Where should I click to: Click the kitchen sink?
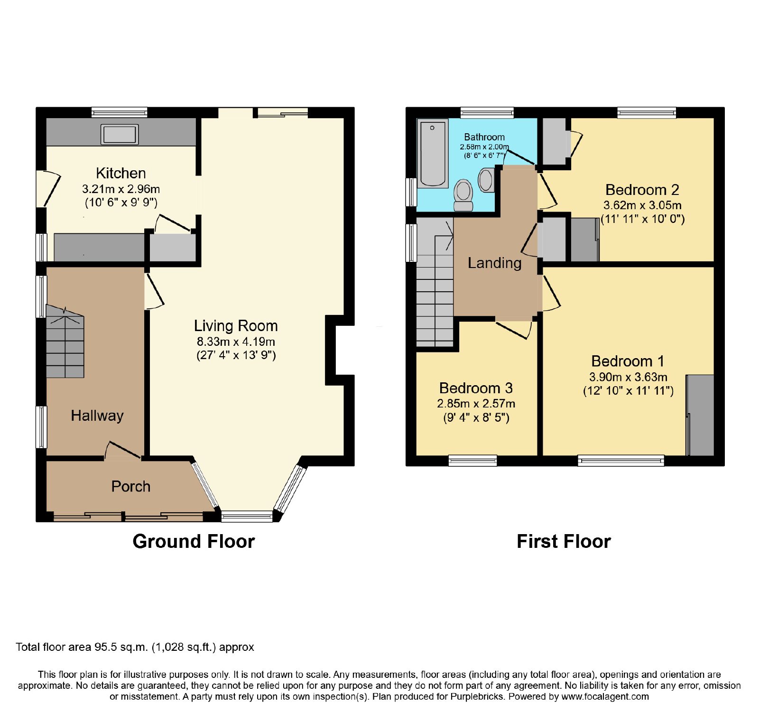pyautogui.click(x=120, y=134)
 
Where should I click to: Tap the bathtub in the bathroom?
pyautogui.click(x=432, y=153)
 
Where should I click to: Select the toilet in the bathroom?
pyautogui.click(x=463, y=195)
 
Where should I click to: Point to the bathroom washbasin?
pyautogui.click(x=486, y=180)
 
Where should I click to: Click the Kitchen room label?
pyautogui.click(x=120, y=173)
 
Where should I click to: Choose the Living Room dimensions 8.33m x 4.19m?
pyautogui.click(x=236, y=342)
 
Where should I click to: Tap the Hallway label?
pyautogui.click(x=97, y=416)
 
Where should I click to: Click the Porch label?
pyautogui.click(x=131, y=486)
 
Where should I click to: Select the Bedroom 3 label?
pyautogui.click(x=476, y=388)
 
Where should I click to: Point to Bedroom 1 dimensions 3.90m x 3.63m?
pyautogui.click(x=628, y=377)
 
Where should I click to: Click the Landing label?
pyautogui.click(x=495, y=263)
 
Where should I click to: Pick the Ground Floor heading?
pyautogui.click(x=194, y=541)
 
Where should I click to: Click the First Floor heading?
pyautogui.click(x=564, y=541)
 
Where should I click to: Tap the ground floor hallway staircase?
pyautogui.click(x=65, y=341)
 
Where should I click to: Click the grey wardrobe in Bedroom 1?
pyautogui.click(x=700, y=415)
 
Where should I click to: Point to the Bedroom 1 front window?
pyautogui.click(x=621, y=460)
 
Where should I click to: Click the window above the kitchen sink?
pyautogui.click(x=120, y=112)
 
